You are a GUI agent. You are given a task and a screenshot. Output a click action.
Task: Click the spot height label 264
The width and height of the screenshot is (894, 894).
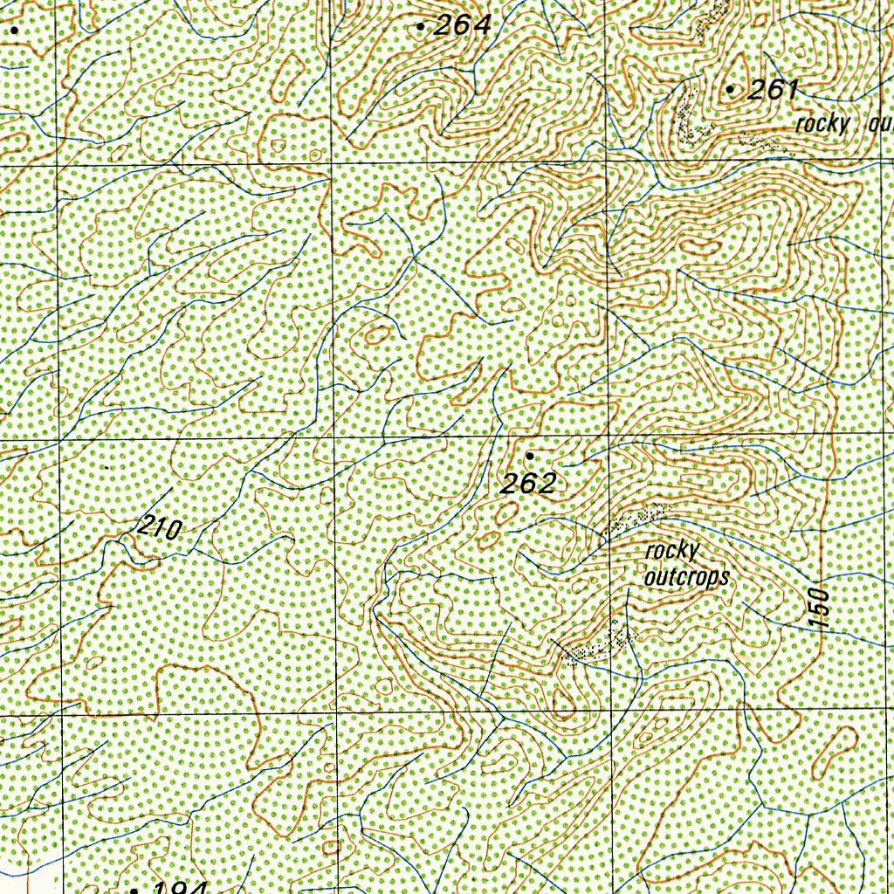463,26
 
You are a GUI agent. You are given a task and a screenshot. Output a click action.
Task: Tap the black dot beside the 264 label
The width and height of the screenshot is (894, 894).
421,27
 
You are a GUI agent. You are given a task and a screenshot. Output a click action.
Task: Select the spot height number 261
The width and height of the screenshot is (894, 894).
774,90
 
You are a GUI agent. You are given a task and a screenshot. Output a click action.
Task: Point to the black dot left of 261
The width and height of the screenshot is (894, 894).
730,90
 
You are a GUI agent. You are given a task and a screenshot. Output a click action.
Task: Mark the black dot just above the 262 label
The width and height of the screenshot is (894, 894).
529,456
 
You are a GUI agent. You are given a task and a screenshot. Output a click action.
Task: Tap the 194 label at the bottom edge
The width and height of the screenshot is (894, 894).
178,888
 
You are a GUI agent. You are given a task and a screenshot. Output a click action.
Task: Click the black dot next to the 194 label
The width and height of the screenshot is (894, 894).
134,891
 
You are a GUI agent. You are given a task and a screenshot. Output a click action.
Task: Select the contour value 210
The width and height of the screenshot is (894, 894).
159,528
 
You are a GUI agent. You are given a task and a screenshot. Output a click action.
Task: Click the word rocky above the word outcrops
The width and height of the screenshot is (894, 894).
672,551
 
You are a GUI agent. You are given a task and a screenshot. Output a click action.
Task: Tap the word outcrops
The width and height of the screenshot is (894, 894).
686,577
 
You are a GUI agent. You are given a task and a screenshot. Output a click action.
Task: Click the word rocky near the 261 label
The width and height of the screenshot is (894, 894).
822,124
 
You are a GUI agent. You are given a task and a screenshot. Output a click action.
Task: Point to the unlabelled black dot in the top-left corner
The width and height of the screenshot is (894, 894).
15,30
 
